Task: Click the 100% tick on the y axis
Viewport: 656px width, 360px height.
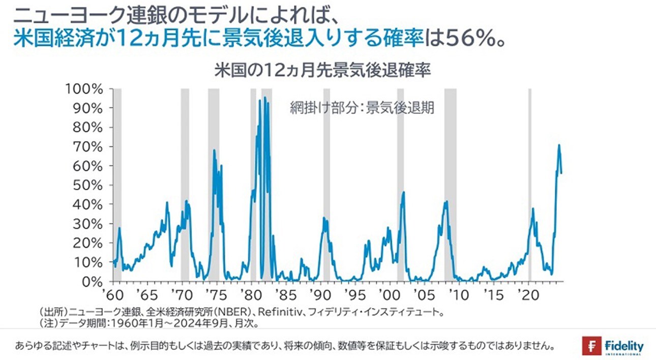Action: coord(84,89)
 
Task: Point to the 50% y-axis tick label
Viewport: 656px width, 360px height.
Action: coord(88,185)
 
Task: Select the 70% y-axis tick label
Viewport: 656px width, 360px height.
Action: coord(88,146)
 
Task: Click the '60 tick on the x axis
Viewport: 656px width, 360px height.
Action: coord(113,294)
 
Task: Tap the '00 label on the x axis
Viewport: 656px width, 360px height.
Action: coord(389,294)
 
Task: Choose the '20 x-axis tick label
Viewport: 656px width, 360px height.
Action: coord(526,294)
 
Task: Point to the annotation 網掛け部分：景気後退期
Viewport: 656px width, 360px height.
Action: coord(362,108)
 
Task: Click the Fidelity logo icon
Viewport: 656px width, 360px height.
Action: coord(592,346)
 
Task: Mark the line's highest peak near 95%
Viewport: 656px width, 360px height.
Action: coord(264,98)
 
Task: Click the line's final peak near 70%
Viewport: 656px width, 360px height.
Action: coord(559,145)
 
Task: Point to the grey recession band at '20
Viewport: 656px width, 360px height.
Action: coord(529,183)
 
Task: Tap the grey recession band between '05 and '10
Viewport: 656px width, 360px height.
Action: coord(450,183)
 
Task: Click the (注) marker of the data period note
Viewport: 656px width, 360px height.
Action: coord(48,322)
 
